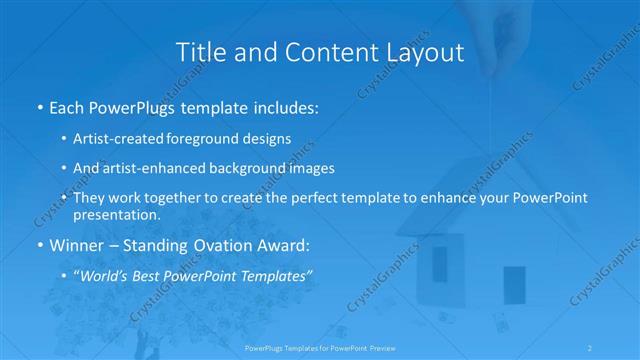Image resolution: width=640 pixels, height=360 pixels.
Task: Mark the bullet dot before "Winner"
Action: coord(39,245)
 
